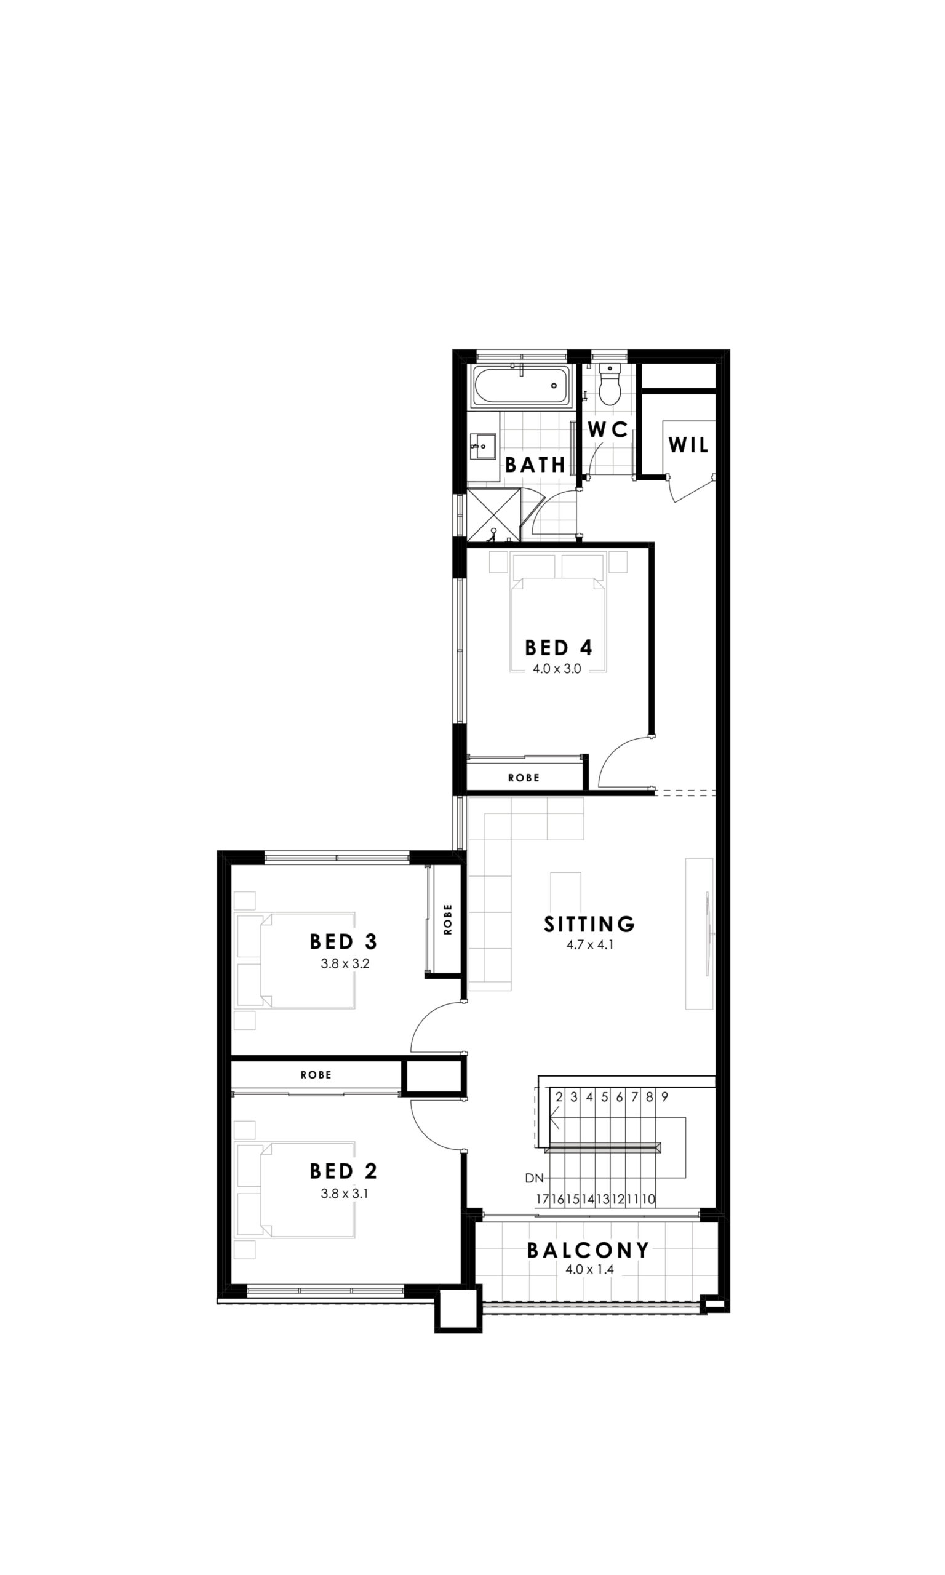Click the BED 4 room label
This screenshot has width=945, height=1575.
559,648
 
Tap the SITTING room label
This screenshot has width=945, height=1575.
589,923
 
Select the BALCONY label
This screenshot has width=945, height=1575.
588,1250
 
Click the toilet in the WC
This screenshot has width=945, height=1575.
610,384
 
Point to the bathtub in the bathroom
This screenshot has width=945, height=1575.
522,385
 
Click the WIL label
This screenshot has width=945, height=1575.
688,445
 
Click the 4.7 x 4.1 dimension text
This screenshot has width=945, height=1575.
589,946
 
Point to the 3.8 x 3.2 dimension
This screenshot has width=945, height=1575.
345,964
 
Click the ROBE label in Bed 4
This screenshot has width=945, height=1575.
524,778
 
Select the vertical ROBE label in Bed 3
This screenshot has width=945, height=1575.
448,919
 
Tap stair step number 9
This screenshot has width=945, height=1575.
664,1097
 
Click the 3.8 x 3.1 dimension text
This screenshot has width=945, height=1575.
345,1194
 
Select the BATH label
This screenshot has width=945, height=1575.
535,465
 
